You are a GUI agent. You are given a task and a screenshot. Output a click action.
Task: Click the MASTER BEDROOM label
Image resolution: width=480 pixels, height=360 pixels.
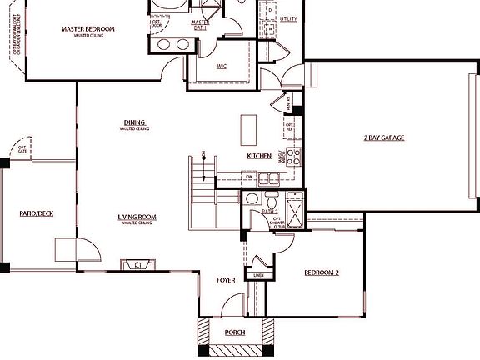coord(87,30)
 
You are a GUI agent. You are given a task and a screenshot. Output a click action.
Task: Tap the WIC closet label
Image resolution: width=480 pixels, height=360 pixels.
coord(222,65)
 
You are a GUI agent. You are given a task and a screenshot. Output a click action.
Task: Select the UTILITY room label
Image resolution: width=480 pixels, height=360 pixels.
coord(288,18)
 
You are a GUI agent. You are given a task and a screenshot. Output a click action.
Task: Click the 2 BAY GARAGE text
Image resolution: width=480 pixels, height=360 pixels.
coord(383,137)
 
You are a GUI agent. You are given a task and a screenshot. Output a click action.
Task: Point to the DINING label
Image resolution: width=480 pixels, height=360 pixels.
coord(134,122)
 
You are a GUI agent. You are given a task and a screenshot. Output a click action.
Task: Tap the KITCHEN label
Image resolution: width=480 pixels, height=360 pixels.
coord(258,157)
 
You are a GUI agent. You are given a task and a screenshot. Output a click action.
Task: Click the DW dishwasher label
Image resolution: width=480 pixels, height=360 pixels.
coord(249,177)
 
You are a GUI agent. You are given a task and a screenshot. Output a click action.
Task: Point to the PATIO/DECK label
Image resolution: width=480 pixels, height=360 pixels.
coord(36,213)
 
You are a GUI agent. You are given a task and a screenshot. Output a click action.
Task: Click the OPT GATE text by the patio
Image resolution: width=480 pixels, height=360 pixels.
coord(22,149)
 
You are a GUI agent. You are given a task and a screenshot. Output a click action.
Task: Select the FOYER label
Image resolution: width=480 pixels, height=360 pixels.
coord(226,281)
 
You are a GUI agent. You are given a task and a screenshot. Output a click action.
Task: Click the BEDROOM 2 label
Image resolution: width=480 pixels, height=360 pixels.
coord(321,272)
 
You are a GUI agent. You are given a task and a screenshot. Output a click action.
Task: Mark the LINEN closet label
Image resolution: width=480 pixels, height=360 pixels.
coord(258,275)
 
